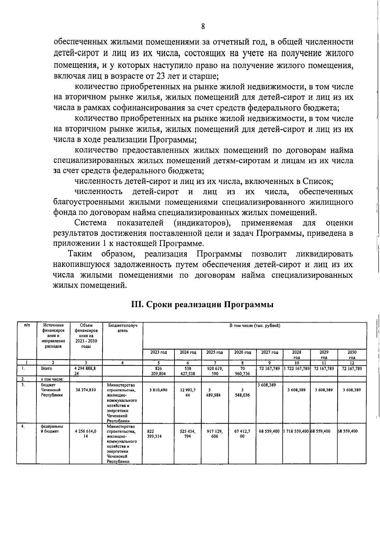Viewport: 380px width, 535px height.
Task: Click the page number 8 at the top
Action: click(203, 27)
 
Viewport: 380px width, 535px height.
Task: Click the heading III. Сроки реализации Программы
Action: click(203, 305)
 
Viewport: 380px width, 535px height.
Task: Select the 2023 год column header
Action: click(158, 352)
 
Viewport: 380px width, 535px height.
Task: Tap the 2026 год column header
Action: click(243, 352)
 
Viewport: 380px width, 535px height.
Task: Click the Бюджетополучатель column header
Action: click(123, 328)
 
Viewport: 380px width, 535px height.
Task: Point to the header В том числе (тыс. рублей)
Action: click(255, 325)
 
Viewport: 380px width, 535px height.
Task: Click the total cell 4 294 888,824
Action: click(86, 371)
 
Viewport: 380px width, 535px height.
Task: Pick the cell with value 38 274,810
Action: click(86, 390)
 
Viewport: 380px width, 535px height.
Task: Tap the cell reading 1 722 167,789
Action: click(296, 368)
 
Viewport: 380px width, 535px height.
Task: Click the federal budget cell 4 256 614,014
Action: click(86, 433)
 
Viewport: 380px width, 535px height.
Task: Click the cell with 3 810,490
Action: click(158, 390)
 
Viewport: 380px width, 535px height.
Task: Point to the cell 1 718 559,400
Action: click(296, 431)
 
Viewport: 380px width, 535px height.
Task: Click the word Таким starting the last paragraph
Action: click(80, 254)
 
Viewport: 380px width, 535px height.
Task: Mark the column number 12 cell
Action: click(352, 363)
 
